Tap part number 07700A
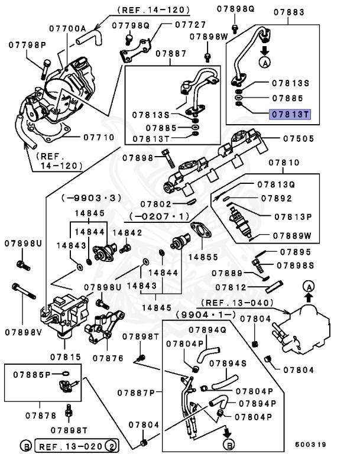(x=67, y=28)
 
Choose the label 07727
(x=190, y=25)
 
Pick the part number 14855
(x=203, y=257)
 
